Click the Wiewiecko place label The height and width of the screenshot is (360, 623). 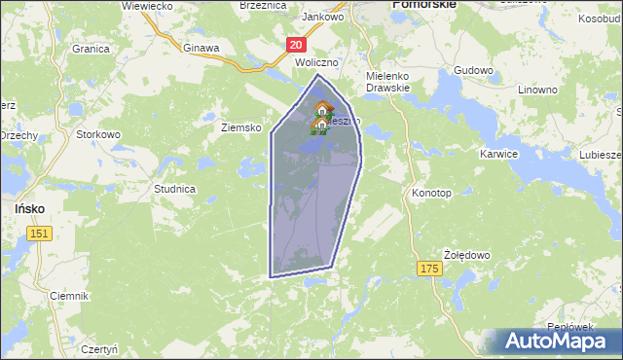[147, 6]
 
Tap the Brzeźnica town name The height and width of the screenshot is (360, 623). [262, 6]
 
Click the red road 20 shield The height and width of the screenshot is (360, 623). [297, 44]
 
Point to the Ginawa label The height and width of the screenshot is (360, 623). [202, 46]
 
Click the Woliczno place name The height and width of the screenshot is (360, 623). [316, 61]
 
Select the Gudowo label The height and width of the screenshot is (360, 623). [474, 71]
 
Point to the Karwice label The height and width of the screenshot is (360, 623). [498, 154]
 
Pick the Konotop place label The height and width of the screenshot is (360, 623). [431, 193]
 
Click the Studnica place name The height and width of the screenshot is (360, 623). [175, 188]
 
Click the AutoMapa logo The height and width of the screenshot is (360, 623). [554, 342]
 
